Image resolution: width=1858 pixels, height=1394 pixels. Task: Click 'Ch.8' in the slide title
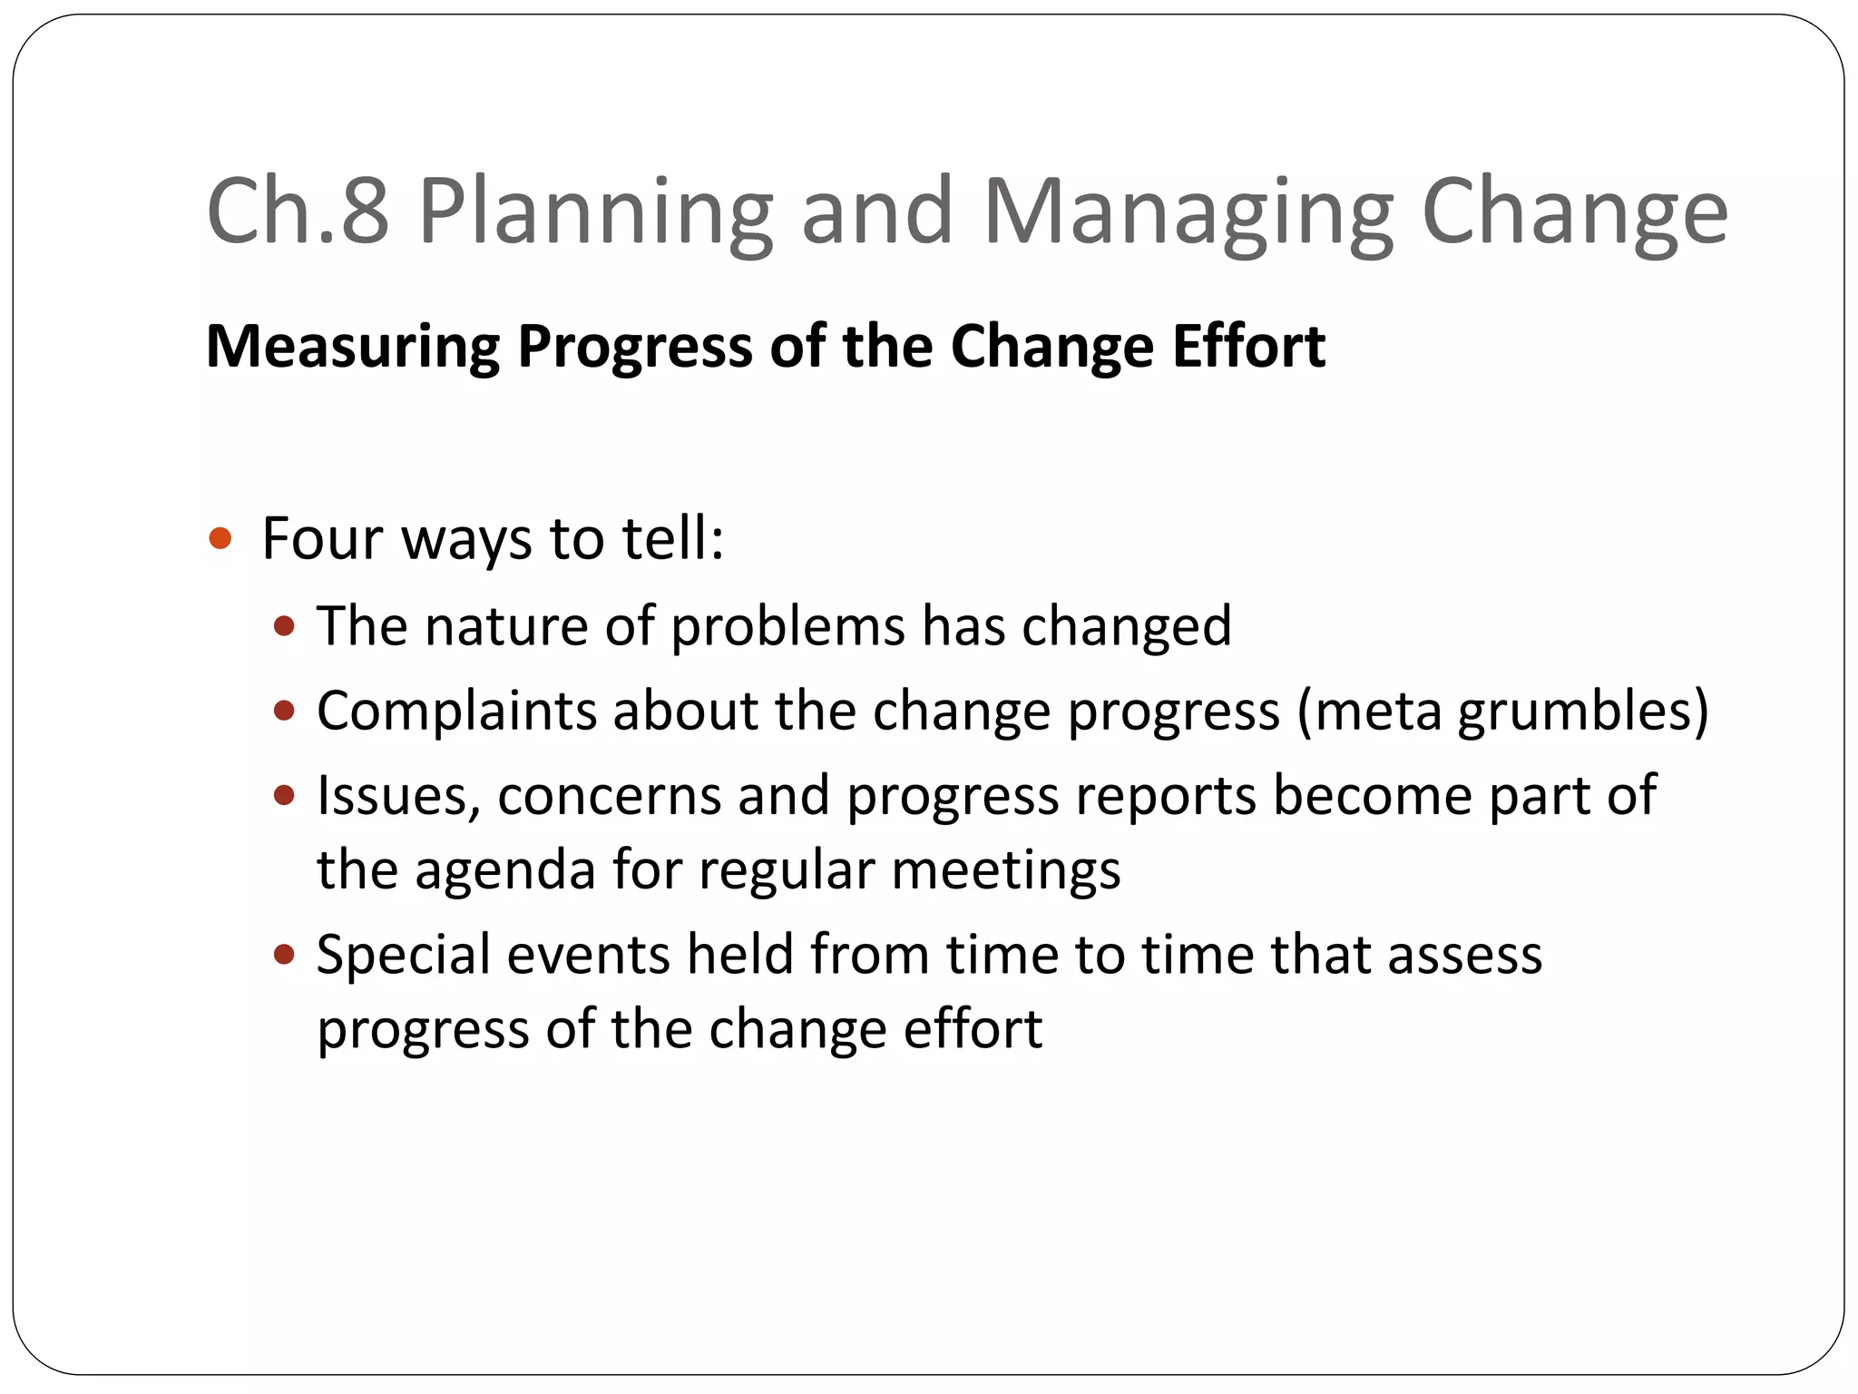(298, 211)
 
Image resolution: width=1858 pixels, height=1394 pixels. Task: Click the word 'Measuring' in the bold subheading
(353, 347)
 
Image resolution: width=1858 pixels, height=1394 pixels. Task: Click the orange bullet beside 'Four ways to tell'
(220, 539)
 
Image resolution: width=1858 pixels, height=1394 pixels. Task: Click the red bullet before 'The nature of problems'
(285, 626)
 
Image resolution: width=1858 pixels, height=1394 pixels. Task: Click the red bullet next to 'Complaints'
(285, 710)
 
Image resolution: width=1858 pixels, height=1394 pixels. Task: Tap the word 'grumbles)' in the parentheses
(1582, 712)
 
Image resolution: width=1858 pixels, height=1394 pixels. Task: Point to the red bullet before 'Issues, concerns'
(285, 796)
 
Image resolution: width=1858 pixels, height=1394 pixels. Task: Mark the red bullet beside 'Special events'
(285, 955)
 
